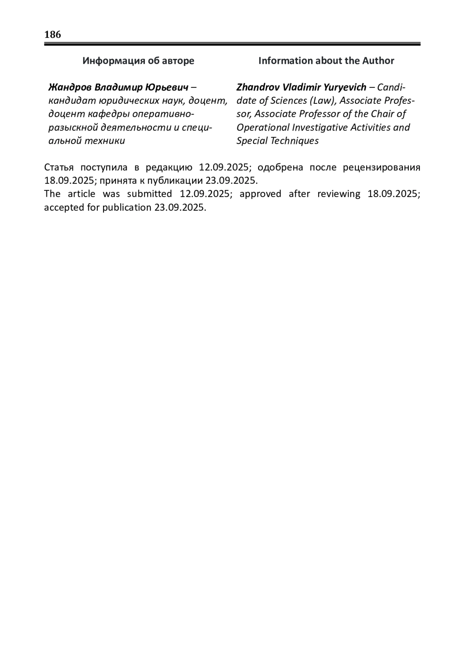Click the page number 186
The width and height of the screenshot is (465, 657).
coord(53,35)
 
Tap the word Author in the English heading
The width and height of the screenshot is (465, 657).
coord(378,61)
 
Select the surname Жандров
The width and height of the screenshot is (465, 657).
coord(70,87)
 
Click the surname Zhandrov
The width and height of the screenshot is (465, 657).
coord(258,87)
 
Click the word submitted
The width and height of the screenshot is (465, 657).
coord(149,194)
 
